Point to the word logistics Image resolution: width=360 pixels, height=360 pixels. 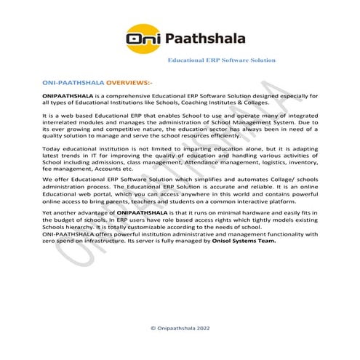click(x=276, y=167)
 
